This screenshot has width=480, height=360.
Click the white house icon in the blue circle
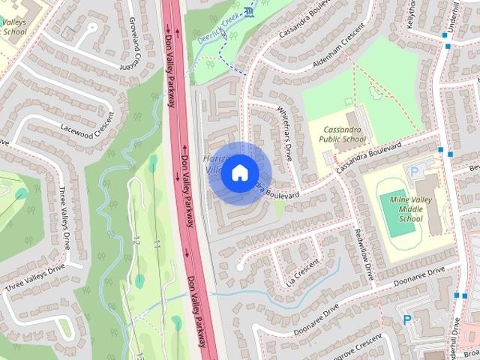tap(239, 172)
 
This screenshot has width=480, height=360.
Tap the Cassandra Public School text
tap(342, 134)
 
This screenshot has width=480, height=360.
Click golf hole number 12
tap(136, 241)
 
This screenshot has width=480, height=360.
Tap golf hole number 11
tap(157, 243)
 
